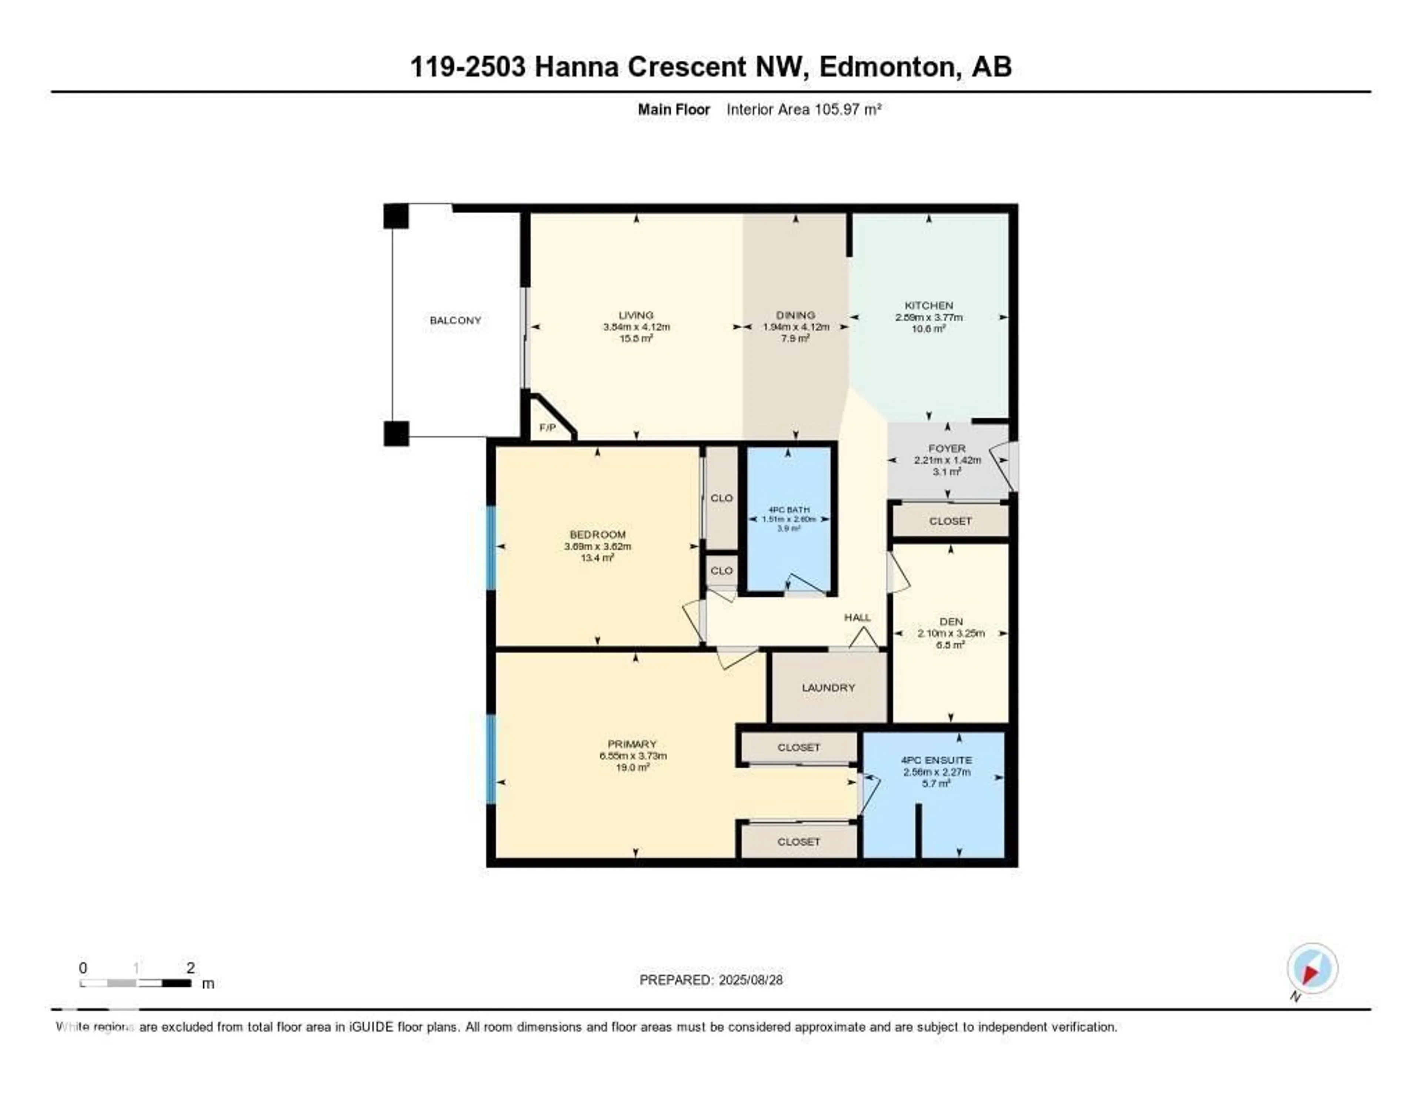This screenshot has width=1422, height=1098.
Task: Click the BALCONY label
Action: pos(455,320)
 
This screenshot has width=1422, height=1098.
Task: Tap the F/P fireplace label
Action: pos(548,428)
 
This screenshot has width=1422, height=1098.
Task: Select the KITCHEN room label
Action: pos(928,305)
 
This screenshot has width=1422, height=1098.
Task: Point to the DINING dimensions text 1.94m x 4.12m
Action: pos(796,327)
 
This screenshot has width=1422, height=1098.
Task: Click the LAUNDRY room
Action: pos(828,688)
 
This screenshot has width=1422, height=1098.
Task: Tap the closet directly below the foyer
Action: pos(950,521)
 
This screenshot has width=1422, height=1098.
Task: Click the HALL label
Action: pos(857,617)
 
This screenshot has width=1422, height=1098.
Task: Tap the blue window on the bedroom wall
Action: pos(491,548)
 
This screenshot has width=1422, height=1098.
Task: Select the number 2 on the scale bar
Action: pos(190,968)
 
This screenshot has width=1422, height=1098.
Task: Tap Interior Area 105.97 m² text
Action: pos(804,109)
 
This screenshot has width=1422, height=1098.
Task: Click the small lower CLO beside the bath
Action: pos(721,571)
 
